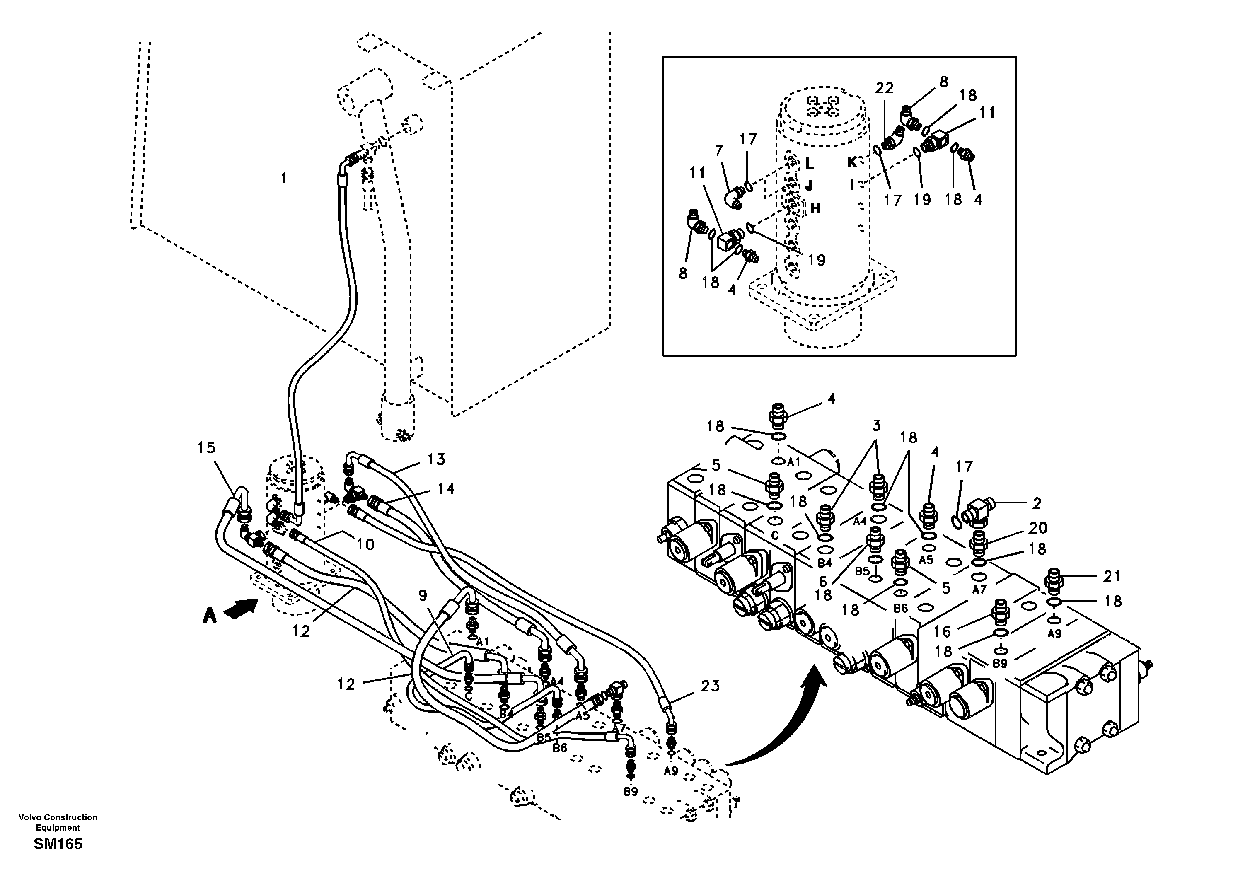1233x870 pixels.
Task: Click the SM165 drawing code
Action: pos(58,844)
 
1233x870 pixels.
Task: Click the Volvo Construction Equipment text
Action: pos(58,822)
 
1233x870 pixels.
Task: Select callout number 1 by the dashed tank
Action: pos(284,178)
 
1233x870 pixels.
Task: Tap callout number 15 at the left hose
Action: pos(207,448)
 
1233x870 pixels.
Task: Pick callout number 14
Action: pos(446,489)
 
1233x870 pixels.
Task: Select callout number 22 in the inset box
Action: pos(884,88)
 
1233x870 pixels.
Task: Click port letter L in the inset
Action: pos(809,163)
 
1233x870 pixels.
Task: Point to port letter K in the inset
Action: pos(852,162)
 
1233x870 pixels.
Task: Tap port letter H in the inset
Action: pos(815,209)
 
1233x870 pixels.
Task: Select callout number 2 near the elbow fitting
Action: pos(1037,503)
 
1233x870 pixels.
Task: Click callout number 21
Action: pos(1112,576)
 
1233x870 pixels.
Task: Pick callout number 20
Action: pos(1038,528)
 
